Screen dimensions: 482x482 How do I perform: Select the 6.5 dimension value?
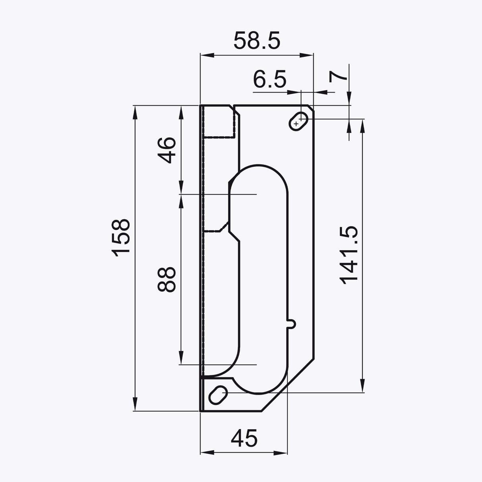pyautogui.click(x=270, y=80)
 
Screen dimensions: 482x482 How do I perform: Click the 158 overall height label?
pyautogui.click(x=120, y=237)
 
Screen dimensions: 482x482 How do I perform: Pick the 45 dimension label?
pyautogui.click(x=244, y=438)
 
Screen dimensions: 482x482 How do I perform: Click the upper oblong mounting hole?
pyautogui.click(x=300, y=120)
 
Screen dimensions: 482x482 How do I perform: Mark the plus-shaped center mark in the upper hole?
pyautogui.click(x=296, y=124)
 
